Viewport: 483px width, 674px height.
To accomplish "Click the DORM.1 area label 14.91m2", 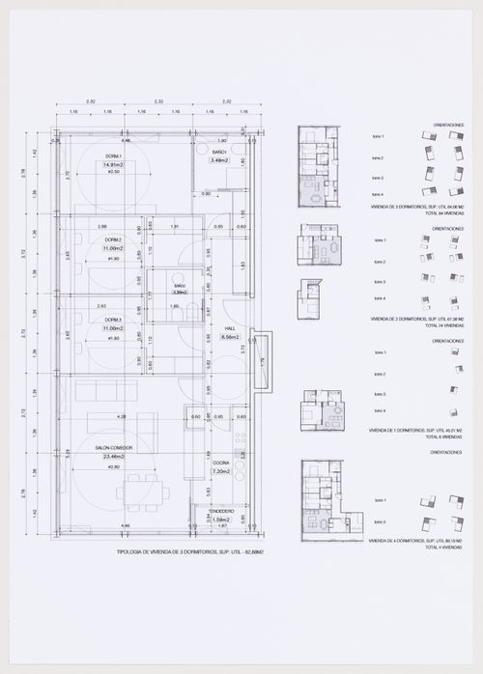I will point(113,165).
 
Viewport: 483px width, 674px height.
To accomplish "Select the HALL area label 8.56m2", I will point(230,337).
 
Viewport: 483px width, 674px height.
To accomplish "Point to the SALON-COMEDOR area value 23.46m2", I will point(113,458).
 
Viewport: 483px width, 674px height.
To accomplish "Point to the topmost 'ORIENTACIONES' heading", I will point(449,126).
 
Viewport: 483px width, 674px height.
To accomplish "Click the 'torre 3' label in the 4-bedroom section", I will point(379,521).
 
